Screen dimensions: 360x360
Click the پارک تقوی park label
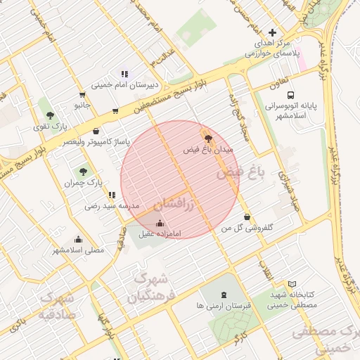49,127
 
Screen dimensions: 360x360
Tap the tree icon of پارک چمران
84,171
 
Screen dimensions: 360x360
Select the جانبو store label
83,105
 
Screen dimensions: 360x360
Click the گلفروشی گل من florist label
247,228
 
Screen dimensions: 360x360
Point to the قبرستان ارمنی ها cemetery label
224,306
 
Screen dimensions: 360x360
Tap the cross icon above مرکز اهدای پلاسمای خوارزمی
272,32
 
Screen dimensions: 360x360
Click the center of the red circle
180,179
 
